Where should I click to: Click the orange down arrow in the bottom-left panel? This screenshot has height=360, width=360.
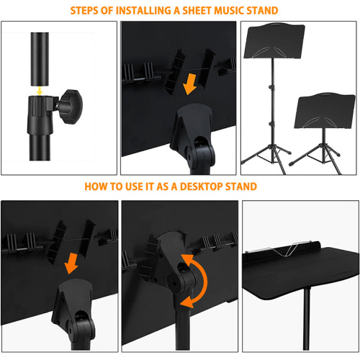tap(71, 264)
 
